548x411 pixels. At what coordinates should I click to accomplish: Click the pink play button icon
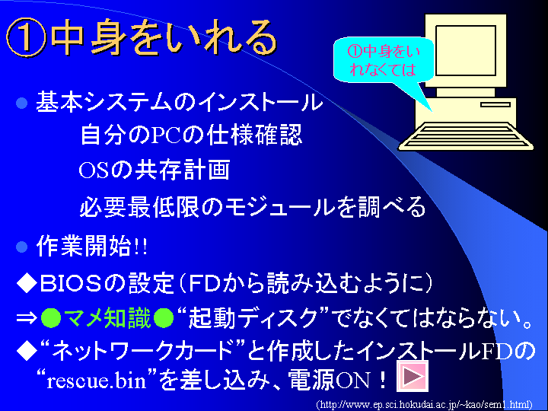[413, 376]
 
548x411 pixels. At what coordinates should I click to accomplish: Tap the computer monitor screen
[466, 50]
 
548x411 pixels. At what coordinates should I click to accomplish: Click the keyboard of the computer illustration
[466, 136]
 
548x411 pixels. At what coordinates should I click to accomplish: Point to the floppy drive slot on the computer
[495, 104]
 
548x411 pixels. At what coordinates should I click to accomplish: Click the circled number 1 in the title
[26, 37]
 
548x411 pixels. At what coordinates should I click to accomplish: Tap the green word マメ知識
[107, 318]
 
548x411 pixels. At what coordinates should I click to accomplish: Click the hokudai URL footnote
[424, 405]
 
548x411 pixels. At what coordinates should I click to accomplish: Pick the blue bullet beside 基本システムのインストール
[21, 103]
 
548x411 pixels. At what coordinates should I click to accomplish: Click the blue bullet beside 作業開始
[21, 247]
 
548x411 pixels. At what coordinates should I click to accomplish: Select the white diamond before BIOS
[27, 283]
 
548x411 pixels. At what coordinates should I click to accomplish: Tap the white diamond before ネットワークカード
[27, 351]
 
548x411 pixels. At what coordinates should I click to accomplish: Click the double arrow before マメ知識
[27, 318]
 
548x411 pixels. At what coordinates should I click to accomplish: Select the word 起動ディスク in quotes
[253, 318]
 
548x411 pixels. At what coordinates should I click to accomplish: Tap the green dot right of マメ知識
[164, 318]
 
